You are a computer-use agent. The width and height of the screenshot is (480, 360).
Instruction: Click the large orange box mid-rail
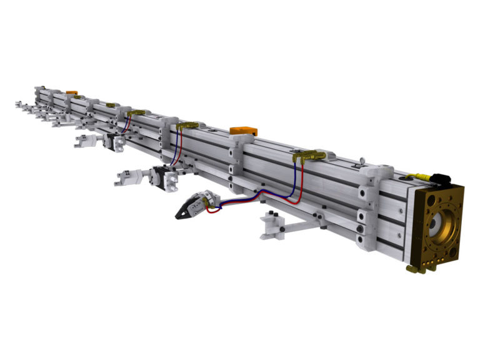243,131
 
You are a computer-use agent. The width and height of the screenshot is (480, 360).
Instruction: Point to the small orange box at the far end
71,92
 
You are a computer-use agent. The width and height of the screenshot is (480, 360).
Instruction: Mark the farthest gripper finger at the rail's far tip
19,104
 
